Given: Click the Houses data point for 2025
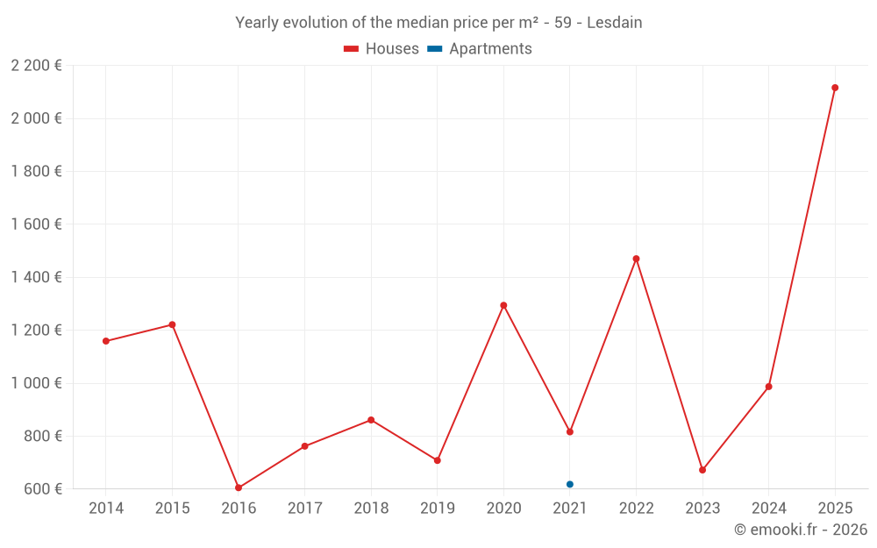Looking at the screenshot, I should coord(835,88).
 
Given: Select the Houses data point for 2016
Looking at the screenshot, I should coord(239,488).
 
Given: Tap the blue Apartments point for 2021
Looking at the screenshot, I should coord(570,484).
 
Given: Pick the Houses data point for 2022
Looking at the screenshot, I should coord(636,259).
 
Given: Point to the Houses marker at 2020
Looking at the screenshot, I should coord(503,305).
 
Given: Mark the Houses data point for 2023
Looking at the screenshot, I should coord(702,470).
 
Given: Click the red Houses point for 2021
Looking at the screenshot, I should coord(570,431).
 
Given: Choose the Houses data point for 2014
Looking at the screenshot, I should coord(106,341).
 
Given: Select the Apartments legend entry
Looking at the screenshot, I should coord(490,49).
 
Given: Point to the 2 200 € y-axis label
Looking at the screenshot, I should coord(36,66).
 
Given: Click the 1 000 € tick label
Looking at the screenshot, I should coord(36,383).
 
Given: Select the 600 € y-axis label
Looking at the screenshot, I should coord(41,489).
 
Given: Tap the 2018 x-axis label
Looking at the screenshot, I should coord(371,509).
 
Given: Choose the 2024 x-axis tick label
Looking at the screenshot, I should coord(768,509).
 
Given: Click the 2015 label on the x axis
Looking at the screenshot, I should coord(172,509).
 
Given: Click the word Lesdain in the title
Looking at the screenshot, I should coord(614,23).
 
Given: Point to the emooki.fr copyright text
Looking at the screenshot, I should coord(801,530).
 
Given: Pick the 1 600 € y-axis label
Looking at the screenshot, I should coord(36,224).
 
